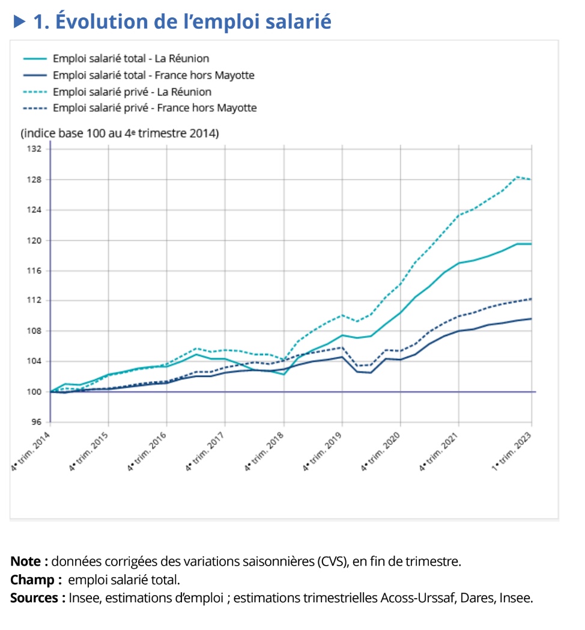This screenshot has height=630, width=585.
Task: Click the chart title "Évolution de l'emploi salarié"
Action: point(192,22)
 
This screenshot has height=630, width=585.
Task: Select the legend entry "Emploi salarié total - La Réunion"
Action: point(131,59)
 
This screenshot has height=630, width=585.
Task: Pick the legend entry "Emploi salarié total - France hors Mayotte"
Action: point(153,76)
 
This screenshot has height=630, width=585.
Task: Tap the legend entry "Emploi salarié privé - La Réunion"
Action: point(132,92)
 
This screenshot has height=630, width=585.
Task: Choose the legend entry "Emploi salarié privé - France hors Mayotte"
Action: point(154,108)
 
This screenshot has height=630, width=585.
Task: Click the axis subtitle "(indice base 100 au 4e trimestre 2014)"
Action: point(120,133)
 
